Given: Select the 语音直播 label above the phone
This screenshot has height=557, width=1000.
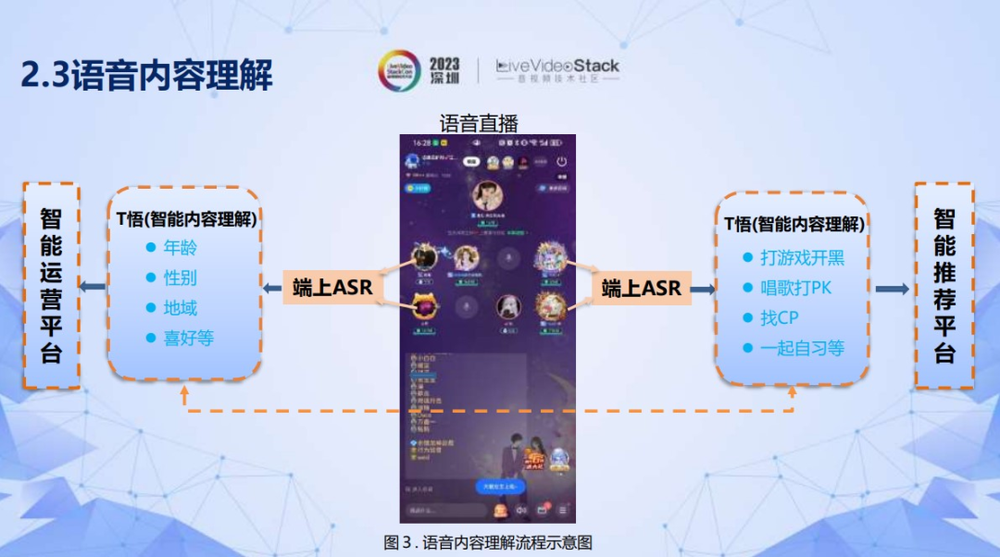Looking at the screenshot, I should (478, 123).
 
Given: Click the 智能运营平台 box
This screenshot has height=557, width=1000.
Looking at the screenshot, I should (51, 285).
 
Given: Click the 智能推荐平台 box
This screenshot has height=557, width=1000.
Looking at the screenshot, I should (944, 285).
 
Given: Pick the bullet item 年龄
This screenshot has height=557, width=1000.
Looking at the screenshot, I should (180, 248).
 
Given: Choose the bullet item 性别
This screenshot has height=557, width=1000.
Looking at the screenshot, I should (180, 278).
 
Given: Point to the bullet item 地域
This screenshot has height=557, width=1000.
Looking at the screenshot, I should (180, 308).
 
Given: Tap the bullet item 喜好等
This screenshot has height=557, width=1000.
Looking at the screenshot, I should (188, 339).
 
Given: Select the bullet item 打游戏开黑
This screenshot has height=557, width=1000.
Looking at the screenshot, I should (802, 258).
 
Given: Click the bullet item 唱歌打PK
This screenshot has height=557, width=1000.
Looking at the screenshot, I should (795, 288).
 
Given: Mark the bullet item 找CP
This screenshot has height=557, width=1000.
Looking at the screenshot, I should (779, 318).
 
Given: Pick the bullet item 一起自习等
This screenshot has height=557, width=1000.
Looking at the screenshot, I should (802, 349).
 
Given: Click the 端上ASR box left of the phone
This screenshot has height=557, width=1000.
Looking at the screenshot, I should (332, 288).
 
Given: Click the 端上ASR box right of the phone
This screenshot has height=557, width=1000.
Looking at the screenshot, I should (641, 289).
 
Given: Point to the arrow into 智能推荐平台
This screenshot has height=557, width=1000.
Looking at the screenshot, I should (892, 290).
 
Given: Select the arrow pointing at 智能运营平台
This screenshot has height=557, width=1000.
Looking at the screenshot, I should (92, 287).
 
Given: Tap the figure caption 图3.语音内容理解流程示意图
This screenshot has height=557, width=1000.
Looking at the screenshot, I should (488, 542).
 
